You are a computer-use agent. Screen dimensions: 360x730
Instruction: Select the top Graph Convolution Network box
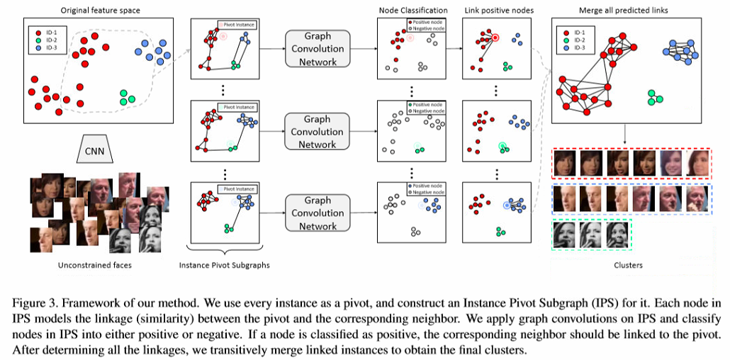coord(317,49)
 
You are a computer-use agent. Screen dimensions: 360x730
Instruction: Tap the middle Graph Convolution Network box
coord(317,132)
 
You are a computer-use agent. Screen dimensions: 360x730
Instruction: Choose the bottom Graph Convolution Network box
coord(317,213)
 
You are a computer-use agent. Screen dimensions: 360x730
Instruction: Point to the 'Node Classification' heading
coord(412,11)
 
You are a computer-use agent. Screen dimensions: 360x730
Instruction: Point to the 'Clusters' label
coord(628,265)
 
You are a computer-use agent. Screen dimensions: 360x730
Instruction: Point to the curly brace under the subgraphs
coord(225,249)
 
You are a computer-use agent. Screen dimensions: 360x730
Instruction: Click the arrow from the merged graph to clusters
coord(625,135)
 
